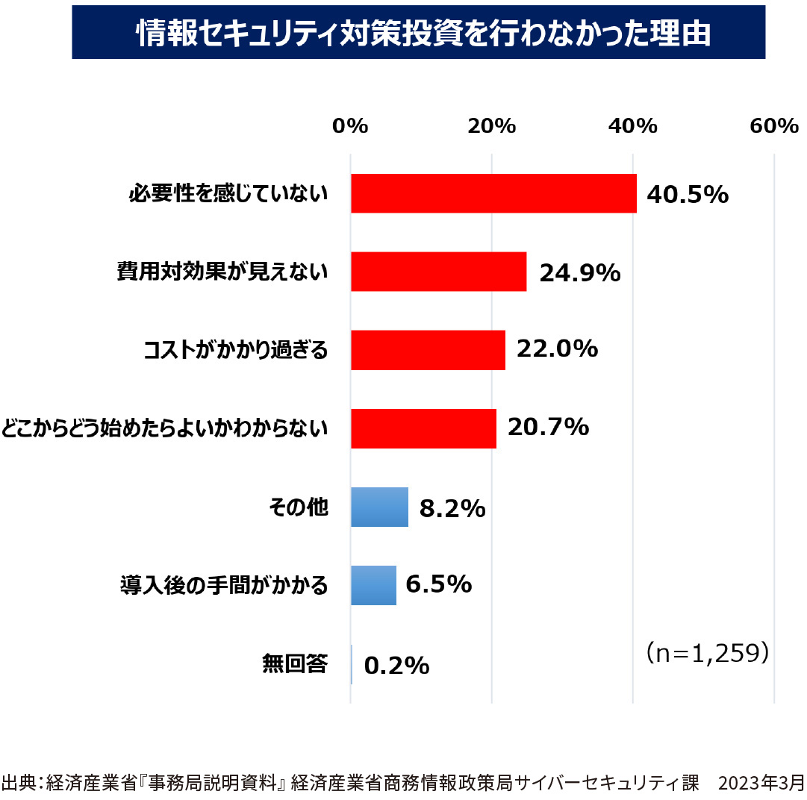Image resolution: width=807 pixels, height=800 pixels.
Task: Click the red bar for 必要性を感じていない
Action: point(493,194)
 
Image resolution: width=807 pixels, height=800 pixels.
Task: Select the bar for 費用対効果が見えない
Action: point(438,272)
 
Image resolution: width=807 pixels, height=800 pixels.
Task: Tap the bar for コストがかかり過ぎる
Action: point(428,350)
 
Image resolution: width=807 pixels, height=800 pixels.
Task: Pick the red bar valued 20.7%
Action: point(423,428)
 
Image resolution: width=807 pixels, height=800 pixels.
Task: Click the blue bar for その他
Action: point(379,507)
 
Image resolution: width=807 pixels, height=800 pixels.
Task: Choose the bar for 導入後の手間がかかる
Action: point(373,585)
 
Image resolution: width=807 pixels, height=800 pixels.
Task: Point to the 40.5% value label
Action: point(687,195)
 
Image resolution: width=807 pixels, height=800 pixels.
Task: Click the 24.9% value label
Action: point(580,273)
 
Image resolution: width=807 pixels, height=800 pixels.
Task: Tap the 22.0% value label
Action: point(558,349)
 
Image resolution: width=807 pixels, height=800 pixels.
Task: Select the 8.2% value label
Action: point(452,509)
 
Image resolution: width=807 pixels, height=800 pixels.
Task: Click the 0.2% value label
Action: point(396,665)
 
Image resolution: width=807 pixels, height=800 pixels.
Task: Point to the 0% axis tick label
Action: point(351,126)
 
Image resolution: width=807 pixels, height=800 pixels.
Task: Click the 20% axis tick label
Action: point(492,126)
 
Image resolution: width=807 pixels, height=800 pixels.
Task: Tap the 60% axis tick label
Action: point(774,126)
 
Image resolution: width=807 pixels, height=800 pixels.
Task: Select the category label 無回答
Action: point(295,663)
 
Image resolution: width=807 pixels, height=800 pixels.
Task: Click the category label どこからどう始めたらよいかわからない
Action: point(165,428)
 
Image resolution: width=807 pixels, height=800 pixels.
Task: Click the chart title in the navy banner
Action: point(419,33)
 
